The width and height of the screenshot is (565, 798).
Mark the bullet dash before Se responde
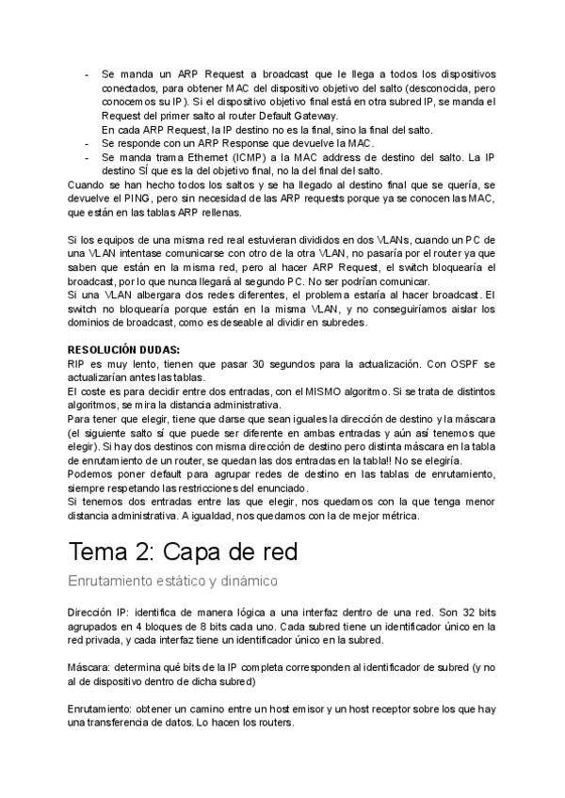[87, 143]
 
